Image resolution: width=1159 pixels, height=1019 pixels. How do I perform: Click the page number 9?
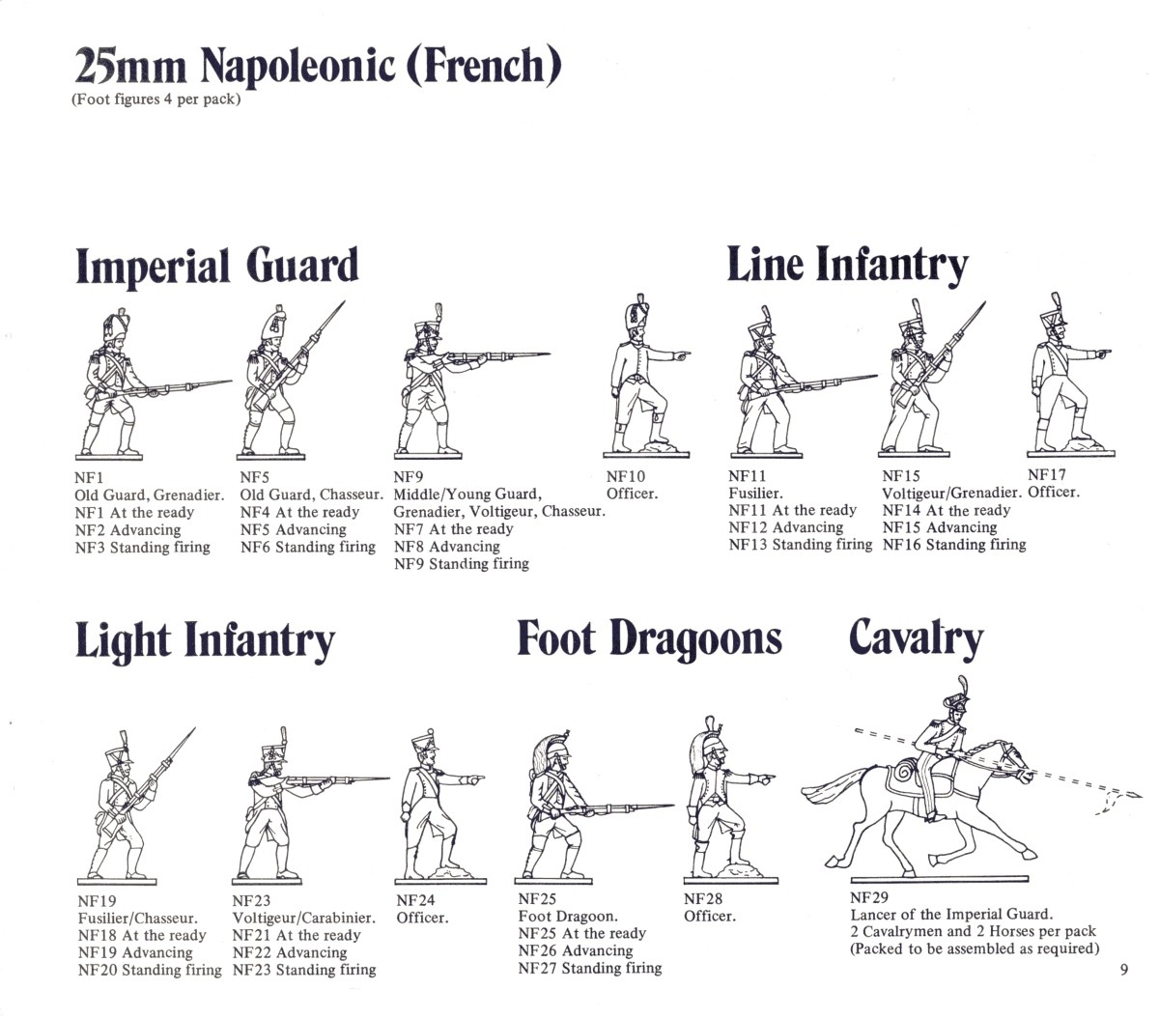pyautogui.click(x=1123, y=971)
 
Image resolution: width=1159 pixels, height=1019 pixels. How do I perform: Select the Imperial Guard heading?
pyautogui.click(x=217, y=267)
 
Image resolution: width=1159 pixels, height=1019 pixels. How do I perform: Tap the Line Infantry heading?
pyautogui.click(x=847, y=265)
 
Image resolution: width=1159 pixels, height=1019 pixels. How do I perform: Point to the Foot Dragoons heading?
pyautogui.click(x=649, y=638)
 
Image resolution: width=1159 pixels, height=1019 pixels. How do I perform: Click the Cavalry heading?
pyautogui.click(x=916, y=638)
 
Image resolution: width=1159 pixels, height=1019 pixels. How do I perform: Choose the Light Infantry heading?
pyautogui.click(x=205, y=640)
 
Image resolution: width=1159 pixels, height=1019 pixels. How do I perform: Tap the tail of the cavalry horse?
pyautogui.click(x=833, y=790)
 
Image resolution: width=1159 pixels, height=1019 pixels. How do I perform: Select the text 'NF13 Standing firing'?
pyautogui.click(x=800, y=545)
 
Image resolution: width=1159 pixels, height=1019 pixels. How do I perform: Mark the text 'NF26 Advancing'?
pyautogui.click(x=575, y=950)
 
